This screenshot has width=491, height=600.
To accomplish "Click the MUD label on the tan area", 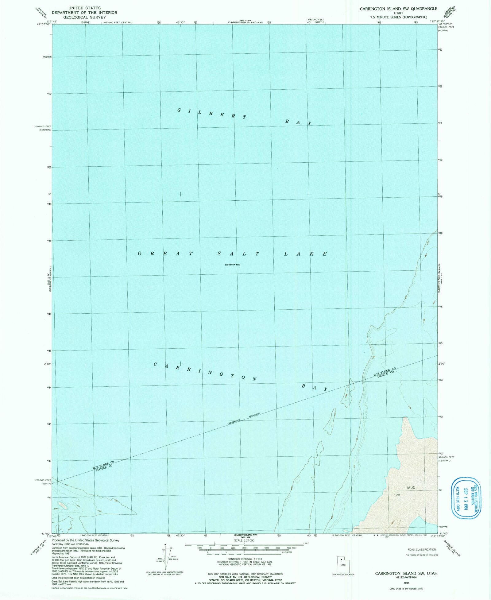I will pos(411,488).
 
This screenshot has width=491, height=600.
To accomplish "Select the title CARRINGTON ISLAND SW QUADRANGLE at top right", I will pos(398,9).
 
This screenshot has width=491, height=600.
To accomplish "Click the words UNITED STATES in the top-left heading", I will pos(84,8).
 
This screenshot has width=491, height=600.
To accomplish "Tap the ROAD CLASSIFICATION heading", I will pos(422,549).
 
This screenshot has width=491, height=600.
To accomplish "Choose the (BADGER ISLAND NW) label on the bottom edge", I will pos(245,535).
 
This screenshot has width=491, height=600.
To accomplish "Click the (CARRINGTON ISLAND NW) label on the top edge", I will pos(245,22).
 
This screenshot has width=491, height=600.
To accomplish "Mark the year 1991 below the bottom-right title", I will pos(406,582).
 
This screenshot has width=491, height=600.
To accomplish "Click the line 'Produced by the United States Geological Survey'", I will pos(86,540).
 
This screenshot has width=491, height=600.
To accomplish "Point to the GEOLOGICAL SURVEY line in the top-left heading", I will pos(84,17).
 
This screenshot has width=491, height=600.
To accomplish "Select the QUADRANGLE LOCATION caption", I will pos(343,575).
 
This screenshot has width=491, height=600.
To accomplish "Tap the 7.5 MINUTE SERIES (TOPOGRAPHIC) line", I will pos(398,17).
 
